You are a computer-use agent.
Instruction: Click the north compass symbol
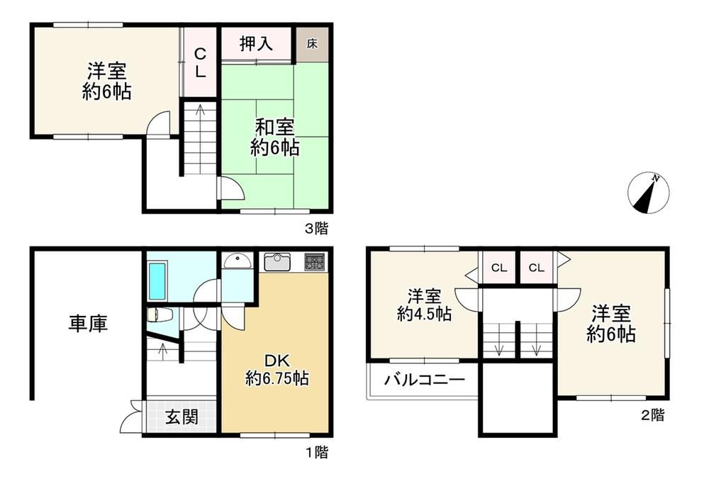[x=649, y=193]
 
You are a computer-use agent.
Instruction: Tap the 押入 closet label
[x=256, y=43]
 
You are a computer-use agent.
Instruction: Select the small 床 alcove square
[x=312, y=44]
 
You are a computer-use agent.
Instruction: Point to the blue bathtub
[x=157, y=281]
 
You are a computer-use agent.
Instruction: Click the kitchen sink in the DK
[x=277, y=262]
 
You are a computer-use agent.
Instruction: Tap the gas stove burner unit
[x=314, y=262]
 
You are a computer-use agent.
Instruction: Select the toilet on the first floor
[x=159, y=315]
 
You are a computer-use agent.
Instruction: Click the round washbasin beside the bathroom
[x=238, y=261]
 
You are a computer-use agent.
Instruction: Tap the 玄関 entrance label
[x=182, y=417]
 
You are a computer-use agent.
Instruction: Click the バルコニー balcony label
[x=425, y=380]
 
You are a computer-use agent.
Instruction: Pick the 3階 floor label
[x=316, y=229]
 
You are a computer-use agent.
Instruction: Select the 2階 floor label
[x=652, y=415]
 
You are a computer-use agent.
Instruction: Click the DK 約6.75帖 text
[x=277, y=369]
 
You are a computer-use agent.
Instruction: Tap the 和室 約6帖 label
[x=274, y=137]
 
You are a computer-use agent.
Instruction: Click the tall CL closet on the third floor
[x=200, y=62]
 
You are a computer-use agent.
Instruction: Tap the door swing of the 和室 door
[x=232, y=188]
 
